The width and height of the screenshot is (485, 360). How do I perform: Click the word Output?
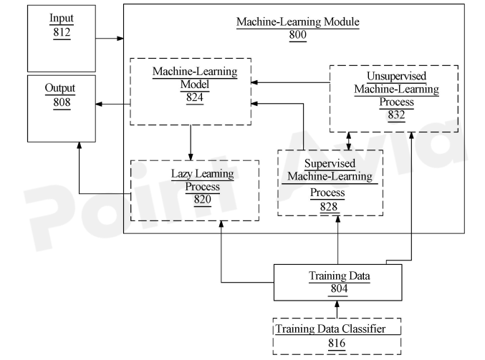point(60,88)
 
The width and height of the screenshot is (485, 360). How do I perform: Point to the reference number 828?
point(330,205)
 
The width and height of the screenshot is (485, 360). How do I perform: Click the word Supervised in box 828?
point(330,164)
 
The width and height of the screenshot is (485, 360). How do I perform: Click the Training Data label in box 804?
point(337,276)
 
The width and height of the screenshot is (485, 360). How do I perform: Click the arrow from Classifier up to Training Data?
point(337,308)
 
